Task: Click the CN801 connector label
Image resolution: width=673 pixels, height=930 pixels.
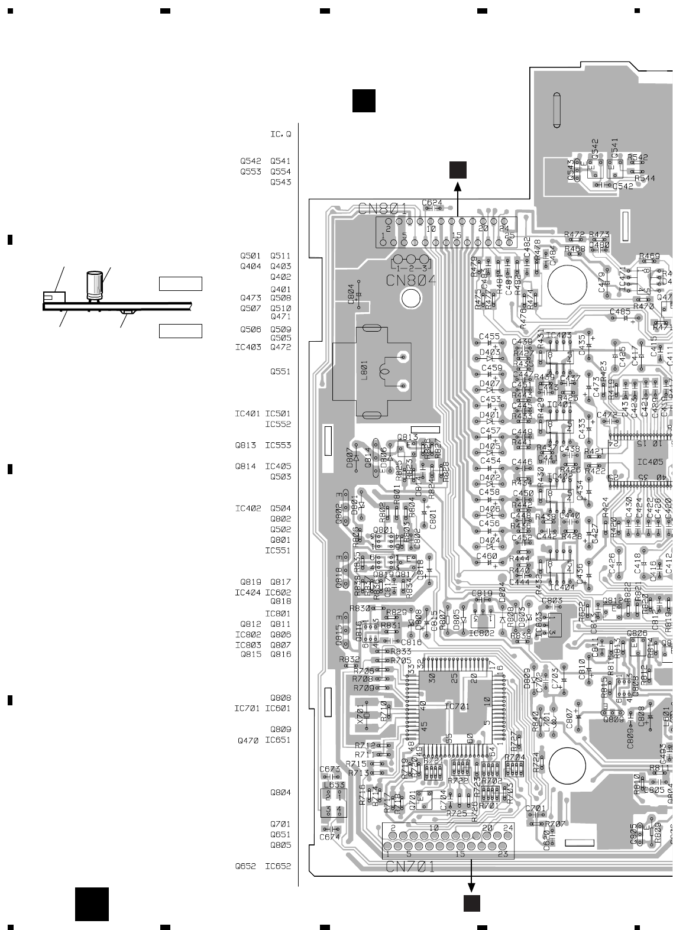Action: pyautogui.click(x=382, y=209)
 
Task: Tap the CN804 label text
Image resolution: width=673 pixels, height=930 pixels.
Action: pyautogui.click(x=411, y=281)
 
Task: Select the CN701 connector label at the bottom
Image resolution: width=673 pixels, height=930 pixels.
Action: pyautogui.click(x=410, y=867)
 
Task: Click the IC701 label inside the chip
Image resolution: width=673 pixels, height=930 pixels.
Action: pyautogui.click(x=457, y=706)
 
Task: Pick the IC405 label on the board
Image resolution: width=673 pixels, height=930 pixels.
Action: pyautogui.click(x=649, y=462)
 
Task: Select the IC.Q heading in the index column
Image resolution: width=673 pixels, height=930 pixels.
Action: pyautogui.click(x=281, y=134)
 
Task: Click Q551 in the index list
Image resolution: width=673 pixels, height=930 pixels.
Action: pyautogui.click(x=281, y=371)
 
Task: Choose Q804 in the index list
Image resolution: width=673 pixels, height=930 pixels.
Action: pyautogui.click(x=281, y=792)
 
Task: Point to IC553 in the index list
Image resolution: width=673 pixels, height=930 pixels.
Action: pyautogui.click(x=278, y=445)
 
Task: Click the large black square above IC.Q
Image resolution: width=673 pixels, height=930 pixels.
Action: pyautogui.click(x=364, y=101)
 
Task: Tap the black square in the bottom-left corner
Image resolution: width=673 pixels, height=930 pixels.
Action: pyautogui.click(x=92, y=904)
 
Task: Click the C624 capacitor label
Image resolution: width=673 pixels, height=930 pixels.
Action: pyautogui.click(x=432, y=203)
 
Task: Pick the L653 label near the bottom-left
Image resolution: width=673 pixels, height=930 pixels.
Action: pyautogui.click(x=334, y=785)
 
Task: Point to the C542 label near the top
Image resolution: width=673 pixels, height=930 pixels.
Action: pyautogui.click(x=623, y=186)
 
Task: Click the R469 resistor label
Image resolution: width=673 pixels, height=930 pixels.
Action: pyautogui.click(x=649, y=257)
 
